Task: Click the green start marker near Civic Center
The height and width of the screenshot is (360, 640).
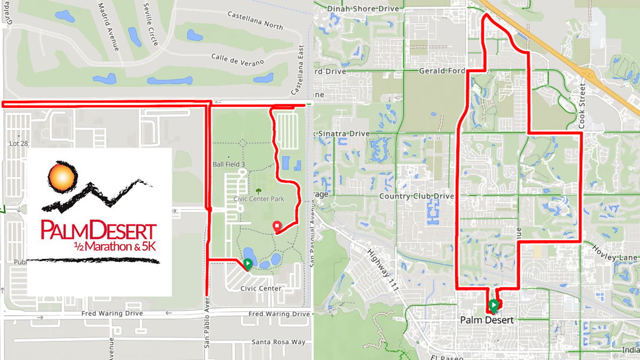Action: pos(248,263)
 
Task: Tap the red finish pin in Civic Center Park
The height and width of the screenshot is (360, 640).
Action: pos(277,227)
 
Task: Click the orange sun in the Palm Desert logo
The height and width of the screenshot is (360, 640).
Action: pos(59,177)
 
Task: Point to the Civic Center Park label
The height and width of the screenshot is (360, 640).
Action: pos(259,199)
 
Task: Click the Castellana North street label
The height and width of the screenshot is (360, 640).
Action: pos(255,20)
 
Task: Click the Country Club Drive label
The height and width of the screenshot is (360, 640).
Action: pos(416,196)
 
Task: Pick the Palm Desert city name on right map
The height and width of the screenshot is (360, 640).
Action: pos(487,321)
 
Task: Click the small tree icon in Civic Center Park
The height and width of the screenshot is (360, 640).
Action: pos(259,190)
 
